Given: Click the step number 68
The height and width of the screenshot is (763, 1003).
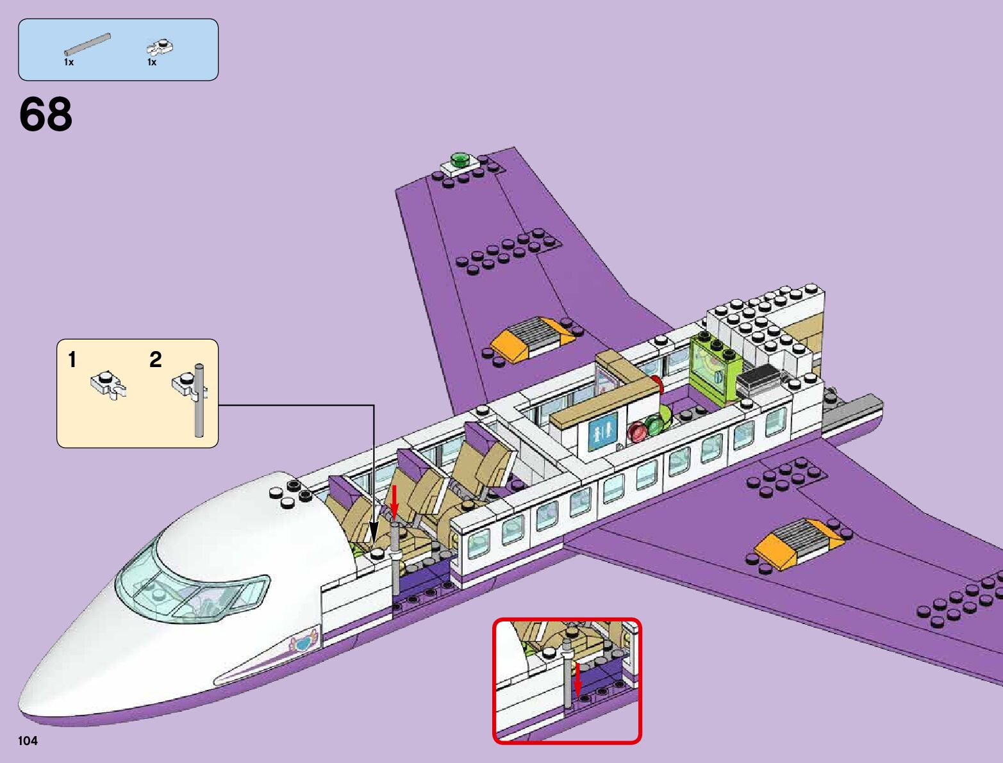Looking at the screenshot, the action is pyautogui.click(x=46, y=115).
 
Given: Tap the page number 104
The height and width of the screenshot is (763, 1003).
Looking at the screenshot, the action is pyautogui.click(x=28, y=741).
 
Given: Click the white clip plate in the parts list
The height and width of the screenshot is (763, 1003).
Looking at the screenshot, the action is pyautogui.click(x=160, y=47).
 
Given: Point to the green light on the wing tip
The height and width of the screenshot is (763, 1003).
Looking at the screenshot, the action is pyautogui.click(x=460, y=158).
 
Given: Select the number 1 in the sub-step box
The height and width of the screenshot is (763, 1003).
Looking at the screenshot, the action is pyautogui.click(x=72, y=360).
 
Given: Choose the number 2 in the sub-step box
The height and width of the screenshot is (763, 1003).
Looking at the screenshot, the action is pyautogui.click(x=155, y=360).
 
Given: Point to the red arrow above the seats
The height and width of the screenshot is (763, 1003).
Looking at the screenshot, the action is pyautogui.click(x=395, y=500).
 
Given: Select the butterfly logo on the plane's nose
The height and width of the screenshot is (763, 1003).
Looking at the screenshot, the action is pyautogui.click(x=304, y=641).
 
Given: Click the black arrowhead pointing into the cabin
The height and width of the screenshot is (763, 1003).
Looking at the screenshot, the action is pyautogui.click(x=374, y=532).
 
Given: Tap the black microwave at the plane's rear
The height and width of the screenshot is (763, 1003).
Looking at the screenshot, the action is pyautogui.click(x=759, y=379).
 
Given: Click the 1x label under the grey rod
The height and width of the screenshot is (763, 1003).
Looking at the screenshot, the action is pyautogui.click(x=69, y=63).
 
